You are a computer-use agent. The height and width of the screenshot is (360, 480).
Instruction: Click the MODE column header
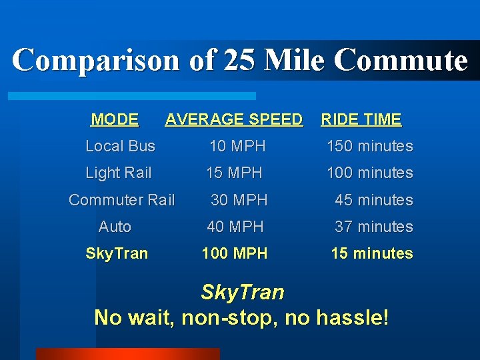(115, 120)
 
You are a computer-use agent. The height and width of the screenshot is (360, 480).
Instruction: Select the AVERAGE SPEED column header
(233, 120)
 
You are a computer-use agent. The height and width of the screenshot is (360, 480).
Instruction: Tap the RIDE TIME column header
(361, 120)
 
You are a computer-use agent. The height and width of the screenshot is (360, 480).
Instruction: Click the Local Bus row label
(120, 146)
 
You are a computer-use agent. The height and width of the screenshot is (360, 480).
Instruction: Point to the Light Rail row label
(118, 173)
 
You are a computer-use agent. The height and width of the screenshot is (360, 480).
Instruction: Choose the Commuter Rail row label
(121, 200)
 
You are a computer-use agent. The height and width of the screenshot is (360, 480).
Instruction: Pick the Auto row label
(115, 227)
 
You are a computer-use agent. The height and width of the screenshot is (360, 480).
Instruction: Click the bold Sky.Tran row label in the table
(117, 254)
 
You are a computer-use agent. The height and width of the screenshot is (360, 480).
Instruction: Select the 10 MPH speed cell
(237, 146)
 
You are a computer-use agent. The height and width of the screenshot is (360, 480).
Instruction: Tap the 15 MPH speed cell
(234, 173)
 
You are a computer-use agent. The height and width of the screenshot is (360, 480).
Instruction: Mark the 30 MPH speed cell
(239, 200)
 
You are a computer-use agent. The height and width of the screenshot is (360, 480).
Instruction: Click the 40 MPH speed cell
(235, 227)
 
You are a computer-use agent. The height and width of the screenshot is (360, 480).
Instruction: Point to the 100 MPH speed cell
(235, 254)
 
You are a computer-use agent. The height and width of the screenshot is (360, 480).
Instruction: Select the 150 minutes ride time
(369, 146)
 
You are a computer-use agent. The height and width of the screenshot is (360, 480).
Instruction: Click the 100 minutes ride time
(369, 173)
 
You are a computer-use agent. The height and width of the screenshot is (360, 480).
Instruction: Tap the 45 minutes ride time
(373, 200)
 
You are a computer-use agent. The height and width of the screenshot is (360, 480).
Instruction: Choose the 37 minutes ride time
(373, 227)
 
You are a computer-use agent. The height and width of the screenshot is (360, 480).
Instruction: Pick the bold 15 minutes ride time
(372, 254)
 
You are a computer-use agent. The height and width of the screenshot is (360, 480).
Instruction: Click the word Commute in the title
(401, 60)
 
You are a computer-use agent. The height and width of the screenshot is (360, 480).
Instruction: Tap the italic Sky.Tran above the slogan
(242, 292)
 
